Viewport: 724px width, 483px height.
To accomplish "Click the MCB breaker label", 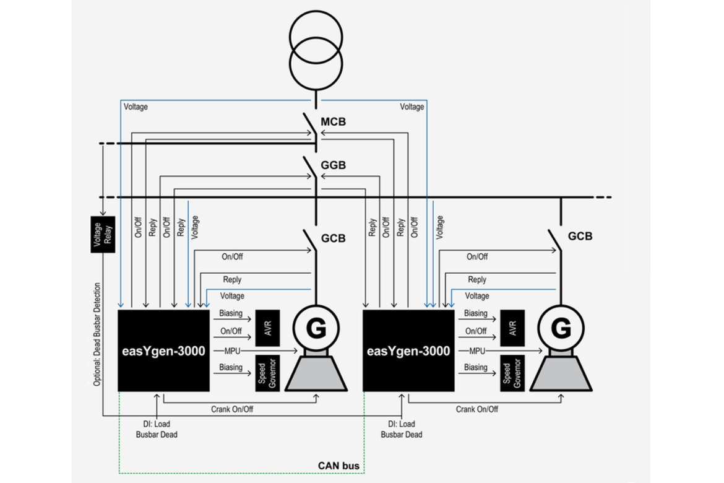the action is point(333,122).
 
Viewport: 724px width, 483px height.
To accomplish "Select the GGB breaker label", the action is point(333,165).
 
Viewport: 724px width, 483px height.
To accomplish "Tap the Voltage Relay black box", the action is point(103,234).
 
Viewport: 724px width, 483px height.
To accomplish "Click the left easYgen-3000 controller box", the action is point(164,351).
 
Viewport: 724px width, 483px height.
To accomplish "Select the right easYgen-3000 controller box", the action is point(408,351).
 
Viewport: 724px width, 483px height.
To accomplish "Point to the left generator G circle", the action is point(316,328).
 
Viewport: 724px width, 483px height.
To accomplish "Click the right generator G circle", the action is point(561,328).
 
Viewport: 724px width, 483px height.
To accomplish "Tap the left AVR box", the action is point(268,328).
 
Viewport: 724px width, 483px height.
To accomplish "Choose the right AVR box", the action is point(512,328).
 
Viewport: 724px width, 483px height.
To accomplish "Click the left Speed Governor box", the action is point(268,373).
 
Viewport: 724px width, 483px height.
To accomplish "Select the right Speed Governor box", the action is point(512,373).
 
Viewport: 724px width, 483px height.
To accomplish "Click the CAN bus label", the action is point(338,466).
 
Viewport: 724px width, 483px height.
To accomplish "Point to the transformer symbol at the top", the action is point(316,51).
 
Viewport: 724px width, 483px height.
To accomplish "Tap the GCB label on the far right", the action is point(580,236).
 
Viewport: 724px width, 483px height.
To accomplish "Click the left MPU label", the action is point(232,351).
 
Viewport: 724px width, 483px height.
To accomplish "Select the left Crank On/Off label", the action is point(232,409).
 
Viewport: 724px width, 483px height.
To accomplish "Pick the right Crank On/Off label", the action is point(477,409).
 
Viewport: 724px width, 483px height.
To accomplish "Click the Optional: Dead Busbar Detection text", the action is point(97,334).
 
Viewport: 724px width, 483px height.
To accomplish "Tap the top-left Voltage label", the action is point(136,107).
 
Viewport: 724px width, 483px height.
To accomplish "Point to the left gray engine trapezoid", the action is point(316,373).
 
